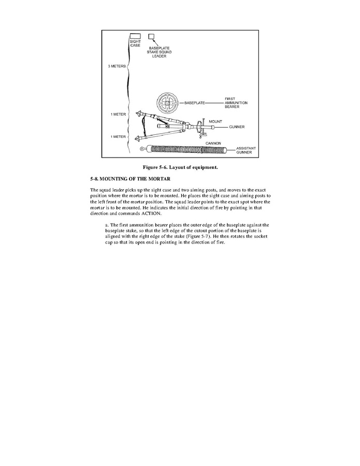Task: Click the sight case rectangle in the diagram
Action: click(135, 36)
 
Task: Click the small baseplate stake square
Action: click(152, 36)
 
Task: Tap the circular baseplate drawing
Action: click(168, 103)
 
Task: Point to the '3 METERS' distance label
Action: click(116, 66)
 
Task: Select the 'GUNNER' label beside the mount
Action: click(236, 126)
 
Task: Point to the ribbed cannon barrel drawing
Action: click(189, 150)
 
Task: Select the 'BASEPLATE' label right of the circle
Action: click(195, 103)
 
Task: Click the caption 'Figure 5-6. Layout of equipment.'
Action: click(180, 167)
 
